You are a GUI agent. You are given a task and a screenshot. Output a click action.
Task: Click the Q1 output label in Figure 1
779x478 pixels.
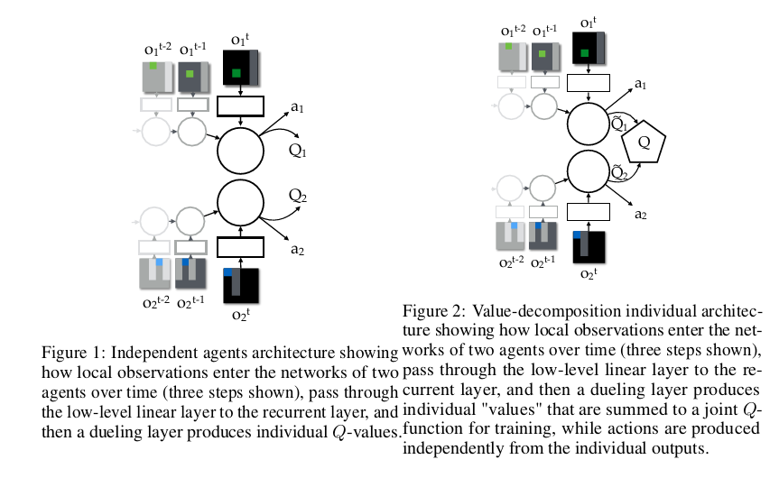click(x=299, y=152)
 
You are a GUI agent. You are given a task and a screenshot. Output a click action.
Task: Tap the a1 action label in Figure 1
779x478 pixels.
click(x=297, y=109)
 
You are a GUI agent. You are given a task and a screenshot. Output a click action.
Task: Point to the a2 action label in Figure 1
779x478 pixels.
click(x=297, y=237)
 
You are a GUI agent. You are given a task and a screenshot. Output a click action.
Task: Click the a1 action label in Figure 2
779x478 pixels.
click(x=640, y=84)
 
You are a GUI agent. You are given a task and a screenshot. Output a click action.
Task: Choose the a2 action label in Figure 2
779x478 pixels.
click(x=640, y=214)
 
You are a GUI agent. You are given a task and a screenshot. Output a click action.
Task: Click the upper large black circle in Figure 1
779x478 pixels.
click(x=240, y=151)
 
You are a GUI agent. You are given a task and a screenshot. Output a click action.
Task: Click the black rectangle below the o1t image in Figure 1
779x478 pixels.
click(x=240, y=106)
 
